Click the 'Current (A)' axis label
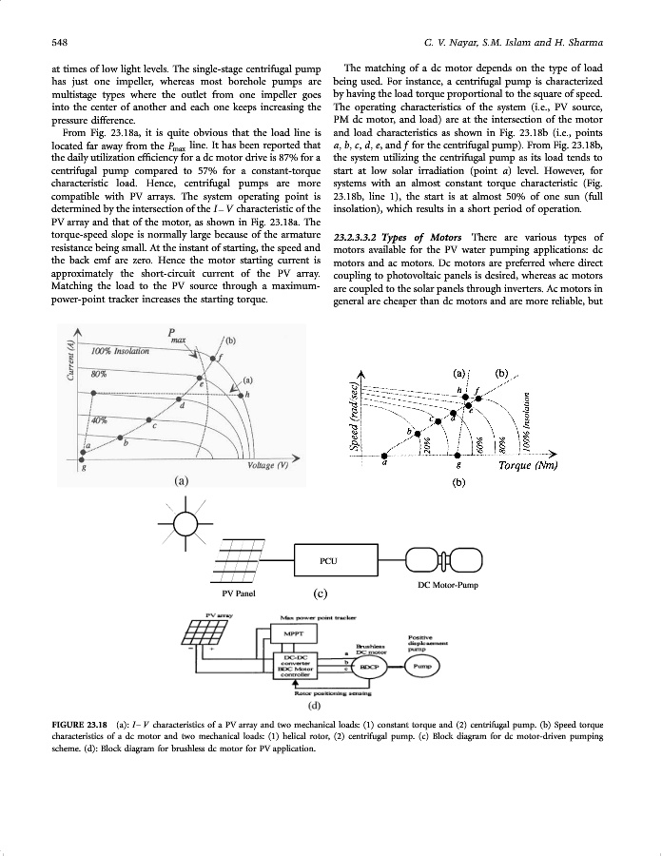pyautogui.click(x=69, y=363)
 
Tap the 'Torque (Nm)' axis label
pyautogui.click(x=525, y=466)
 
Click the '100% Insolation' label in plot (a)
pyautogui.click(x=120, y=352)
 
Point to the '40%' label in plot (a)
pyautogui.click(x=97, y=419)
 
